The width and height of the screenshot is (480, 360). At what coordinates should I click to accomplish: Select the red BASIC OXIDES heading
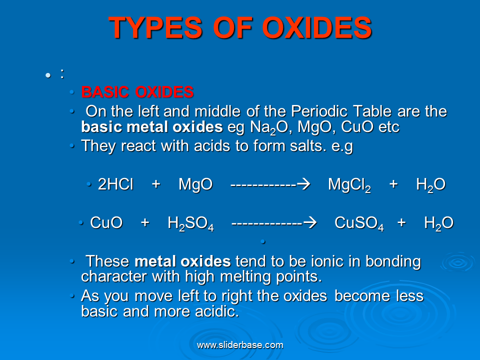[x=137, y=92]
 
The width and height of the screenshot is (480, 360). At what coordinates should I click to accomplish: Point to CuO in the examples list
[x=357, y=127]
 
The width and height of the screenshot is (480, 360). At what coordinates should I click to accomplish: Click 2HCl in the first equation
[x=115, y=185]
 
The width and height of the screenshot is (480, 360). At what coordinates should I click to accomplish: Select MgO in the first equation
[x=195, y=185]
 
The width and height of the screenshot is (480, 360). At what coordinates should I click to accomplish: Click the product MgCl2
[x=349, y=185]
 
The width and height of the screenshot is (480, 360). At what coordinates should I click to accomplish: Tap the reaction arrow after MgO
[x=270, y=185]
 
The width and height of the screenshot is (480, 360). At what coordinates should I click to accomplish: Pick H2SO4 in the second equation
[x=190, y=223]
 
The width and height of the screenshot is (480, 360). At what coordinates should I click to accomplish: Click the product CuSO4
[x=359, y=223]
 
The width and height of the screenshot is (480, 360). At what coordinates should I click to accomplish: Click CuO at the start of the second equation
[x=106, y=223]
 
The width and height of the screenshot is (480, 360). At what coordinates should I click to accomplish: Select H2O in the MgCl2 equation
[x=430, y=185]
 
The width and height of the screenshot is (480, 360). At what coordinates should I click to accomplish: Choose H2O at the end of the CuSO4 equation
[x=438, y=223]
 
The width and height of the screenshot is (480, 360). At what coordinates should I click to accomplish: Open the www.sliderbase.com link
[x=240, y=345]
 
